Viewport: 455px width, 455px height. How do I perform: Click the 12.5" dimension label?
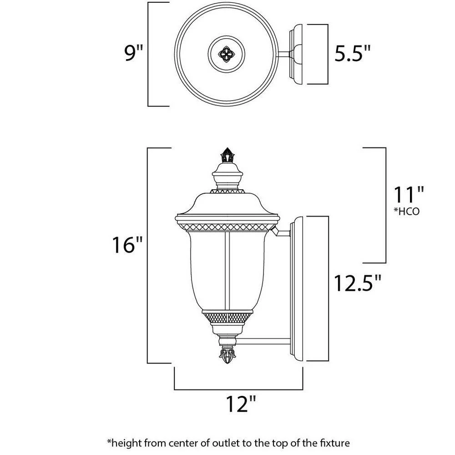(x=357, y=283)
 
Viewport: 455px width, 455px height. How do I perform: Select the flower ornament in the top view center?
(x=226, y=54)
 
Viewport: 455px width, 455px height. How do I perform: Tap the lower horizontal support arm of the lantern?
(x=264, y=339)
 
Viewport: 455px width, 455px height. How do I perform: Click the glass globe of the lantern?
(x=226, y=268)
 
